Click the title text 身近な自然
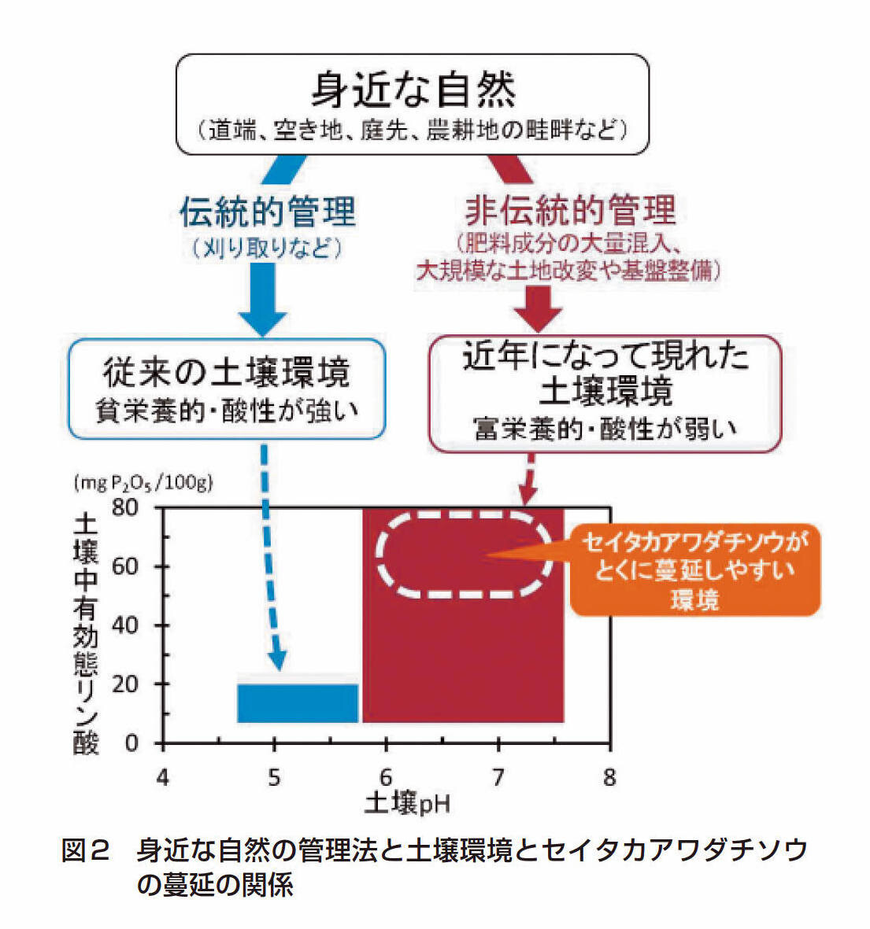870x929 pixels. click(413, 88)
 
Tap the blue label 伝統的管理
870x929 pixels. click(268, 212)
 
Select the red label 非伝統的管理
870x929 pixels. click(570, 210)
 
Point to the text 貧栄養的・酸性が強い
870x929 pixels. click(227, 411)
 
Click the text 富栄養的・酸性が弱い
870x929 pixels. click(605, 429)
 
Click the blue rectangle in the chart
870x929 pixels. click(298, 702)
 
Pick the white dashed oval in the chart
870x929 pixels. click(463, 555)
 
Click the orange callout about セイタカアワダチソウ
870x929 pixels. click(694, 570)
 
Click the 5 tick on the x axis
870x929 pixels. click(274, 778)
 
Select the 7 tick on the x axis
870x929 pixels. click(498, 778)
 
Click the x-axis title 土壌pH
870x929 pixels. click(407, 803)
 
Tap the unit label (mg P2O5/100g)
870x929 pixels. click(143, 483)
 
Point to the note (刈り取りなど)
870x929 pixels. click(268, 249)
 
